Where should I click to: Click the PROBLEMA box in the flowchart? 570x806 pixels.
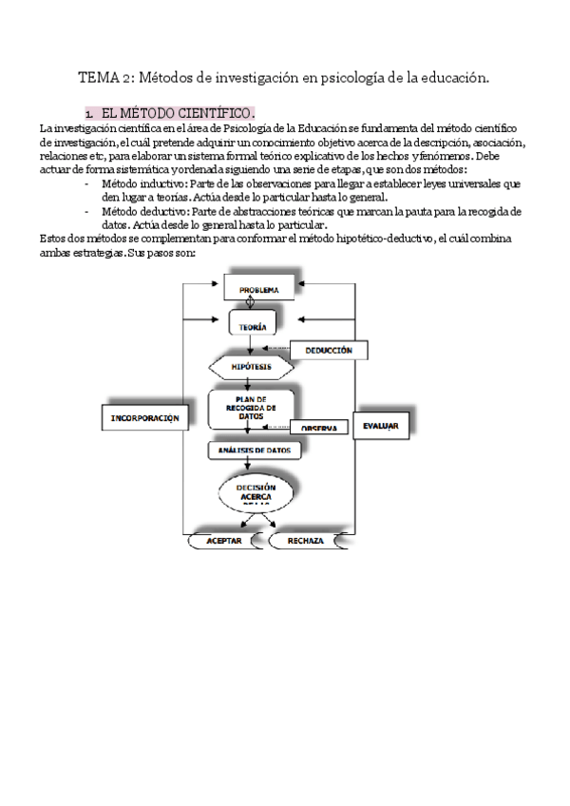point(258,288)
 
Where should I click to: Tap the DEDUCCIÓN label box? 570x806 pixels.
point(329,351)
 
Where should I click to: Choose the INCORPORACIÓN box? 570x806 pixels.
point(144,417)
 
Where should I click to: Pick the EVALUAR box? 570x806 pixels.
point(380,427)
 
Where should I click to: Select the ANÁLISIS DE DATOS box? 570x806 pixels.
point(256,451)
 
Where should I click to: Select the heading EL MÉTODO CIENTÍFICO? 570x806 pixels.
point(177,111)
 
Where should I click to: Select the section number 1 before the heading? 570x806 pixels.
point(88,112)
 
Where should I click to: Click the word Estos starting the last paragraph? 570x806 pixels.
point(54,240)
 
